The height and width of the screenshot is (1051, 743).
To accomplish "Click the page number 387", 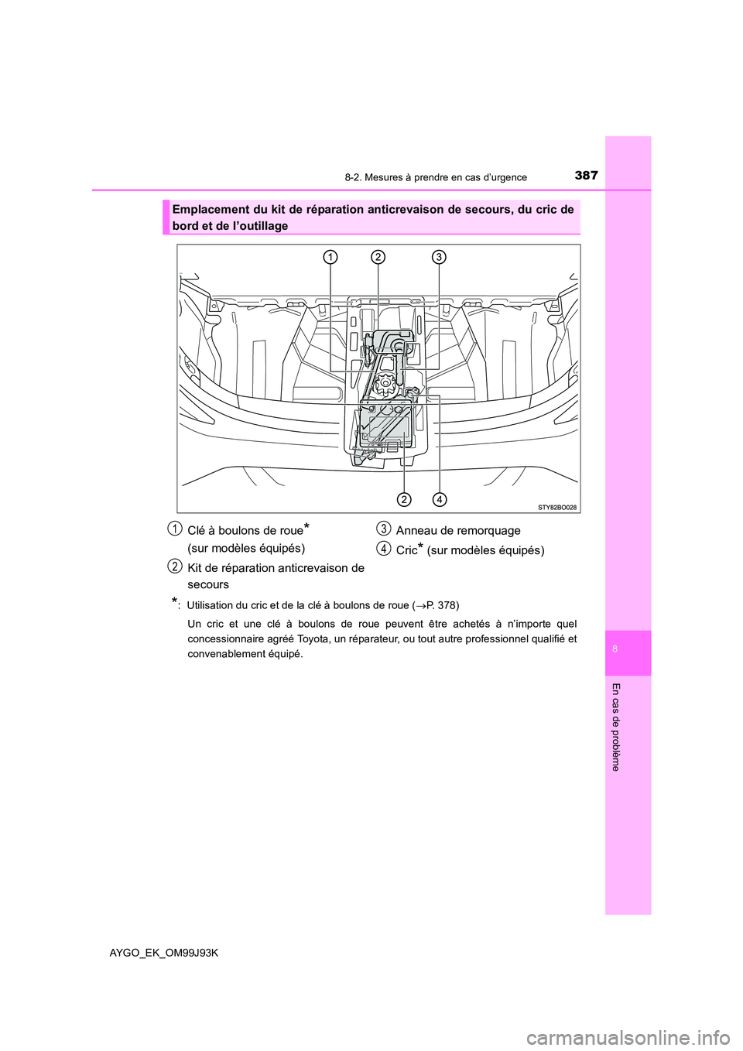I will (x=586, y=175).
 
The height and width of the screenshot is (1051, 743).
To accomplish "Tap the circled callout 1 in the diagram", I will (x=330, y=257).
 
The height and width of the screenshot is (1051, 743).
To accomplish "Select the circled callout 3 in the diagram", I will (x=438, y=257).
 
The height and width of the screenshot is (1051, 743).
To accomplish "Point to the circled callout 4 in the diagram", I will (x=439, y=498).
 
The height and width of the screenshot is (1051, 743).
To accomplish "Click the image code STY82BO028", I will (x=557, y=507).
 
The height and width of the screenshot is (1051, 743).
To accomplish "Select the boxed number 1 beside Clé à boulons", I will (x=176, y=529).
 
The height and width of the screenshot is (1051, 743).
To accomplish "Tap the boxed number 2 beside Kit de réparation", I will (x=176, y=567).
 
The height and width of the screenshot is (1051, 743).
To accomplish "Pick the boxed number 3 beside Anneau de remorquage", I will (x=383, y=529).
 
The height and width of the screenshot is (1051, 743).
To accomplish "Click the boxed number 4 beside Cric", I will (x=383, y=549).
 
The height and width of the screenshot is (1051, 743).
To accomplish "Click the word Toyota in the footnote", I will (x=313, y=638).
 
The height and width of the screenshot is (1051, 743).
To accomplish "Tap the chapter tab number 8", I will (x=615, y=649).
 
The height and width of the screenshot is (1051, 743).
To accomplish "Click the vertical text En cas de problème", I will (x=615, y=727).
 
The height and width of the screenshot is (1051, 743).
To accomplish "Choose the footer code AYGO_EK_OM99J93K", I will (x=164, y=953).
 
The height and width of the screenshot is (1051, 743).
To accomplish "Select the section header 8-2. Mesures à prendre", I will (x=436, y=177).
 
